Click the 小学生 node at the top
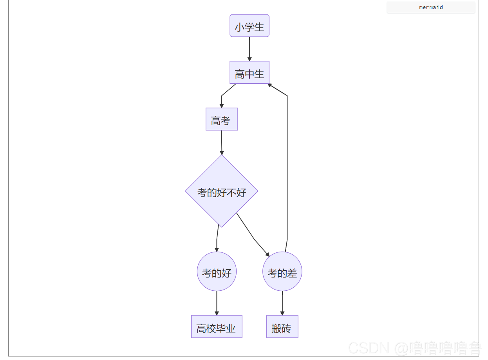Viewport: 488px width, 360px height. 249,26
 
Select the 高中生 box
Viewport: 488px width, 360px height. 249,72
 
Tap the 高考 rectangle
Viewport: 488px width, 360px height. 222,119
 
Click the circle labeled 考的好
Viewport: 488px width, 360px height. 217,272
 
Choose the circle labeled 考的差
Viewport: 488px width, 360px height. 282,272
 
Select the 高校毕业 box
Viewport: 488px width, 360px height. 217,327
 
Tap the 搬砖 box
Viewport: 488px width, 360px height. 282,327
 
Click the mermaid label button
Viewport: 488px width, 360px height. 431,7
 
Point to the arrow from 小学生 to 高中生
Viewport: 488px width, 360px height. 249,49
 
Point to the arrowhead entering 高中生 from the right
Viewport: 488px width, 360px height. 270,85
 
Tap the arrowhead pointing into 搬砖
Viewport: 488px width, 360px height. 282,313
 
